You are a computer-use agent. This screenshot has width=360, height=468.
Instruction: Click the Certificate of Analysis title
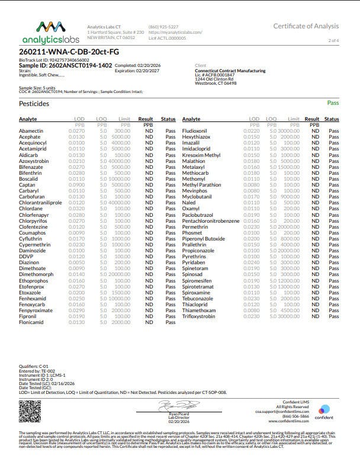coord(306,26)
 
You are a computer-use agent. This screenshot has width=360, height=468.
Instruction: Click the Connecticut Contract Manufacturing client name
coord(230,70)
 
